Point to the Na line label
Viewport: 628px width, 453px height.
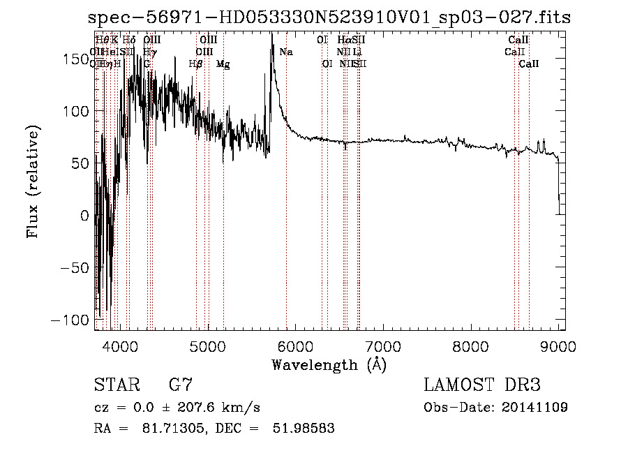coord(286,52)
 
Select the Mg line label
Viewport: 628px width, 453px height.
coord(223,64)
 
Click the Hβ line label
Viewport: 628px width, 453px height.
coord(196,64)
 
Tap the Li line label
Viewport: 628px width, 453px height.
coord(357,52)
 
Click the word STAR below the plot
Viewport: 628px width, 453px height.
coord(113,385)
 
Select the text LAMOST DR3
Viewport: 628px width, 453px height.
coord(481,385)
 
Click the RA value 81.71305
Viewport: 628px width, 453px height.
coord(170,428)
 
